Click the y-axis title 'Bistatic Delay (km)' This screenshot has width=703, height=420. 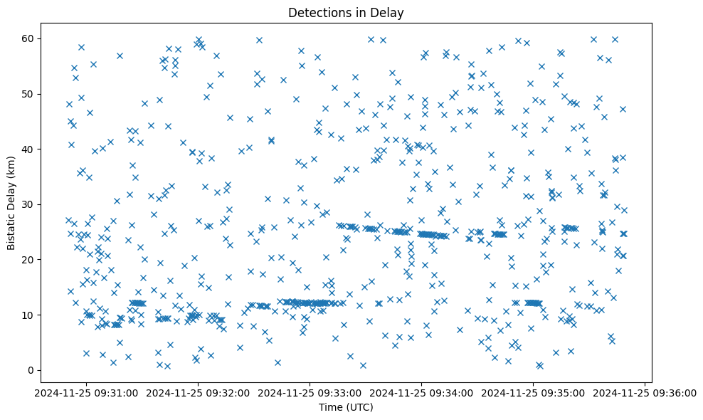click(x=12, y=203)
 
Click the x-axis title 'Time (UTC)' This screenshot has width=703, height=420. click(x=345, y=407)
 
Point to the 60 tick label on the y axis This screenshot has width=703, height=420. click(x=28, y=38)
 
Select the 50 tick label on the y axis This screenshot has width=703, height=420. click(x=28, y=94)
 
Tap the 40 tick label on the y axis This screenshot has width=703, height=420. click(x=28, y=149)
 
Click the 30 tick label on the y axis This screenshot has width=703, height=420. click(x=28, y=204)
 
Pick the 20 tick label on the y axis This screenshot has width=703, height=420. click(x=28, y=260)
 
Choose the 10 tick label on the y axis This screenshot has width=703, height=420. click(x=28, y=315)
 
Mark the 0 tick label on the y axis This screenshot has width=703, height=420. click(x=31, y=370)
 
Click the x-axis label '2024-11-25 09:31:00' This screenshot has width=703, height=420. click(x=86, y=392)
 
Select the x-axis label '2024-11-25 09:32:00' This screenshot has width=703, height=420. click(x=198, y=392)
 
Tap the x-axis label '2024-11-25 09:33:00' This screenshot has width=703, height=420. click(x=310, y=392)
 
